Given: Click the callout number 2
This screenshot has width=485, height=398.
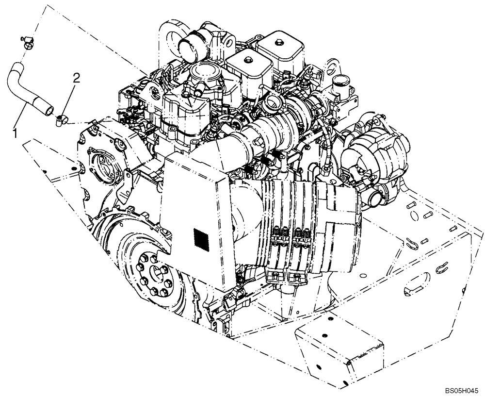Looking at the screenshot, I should (76, 77).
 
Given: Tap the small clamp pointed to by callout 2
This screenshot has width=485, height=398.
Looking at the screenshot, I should (61, 118).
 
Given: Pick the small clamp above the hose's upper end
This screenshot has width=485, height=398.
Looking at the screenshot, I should (27, 42).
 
